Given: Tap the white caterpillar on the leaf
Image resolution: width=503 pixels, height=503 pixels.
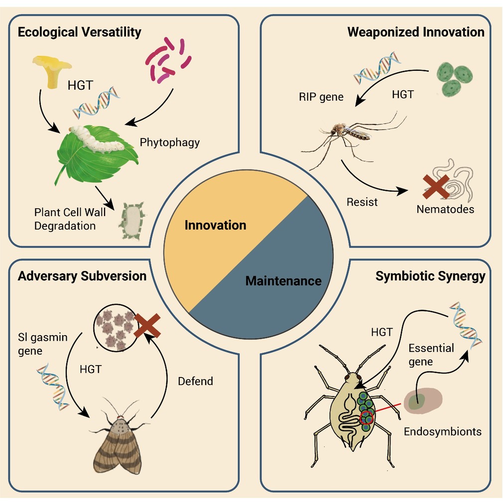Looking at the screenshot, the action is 97,139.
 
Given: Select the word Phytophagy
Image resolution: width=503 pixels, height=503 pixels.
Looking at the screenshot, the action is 170,142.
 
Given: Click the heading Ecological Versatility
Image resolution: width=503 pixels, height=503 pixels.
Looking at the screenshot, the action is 80,32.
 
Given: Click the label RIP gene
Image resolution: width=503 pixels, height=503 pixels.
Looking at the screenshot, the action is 321,97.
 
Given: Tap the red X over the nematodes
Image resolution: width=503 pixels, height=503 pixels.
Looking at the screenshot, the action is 436,187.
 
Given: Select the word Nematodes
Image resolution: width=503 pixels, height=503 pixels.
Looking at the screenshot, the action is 445,209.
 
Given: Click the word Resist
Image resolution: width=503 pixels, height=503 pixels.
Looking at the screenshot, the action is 362,202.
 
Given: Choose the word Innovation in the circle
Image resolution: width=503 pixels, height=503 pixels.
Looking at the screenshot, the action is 215,225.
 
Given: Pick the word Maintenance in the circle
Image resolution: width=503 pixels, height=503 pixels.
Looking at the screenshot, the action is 283,281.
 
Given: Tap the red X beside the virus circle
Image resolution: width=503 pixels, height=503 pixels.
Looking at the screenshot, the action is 147,326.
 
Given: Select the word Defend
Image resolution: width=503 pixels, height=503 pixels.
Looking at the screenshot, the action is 195,381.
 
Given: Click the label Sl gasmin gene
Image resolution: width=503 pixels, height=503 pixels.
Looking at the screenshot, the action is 43,344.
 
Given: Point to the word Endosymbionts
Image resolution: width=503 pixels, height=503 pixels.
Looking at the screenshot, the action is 443,431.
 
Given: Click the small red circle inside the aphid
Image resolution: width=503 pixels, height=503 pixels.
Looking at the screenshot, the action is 367,418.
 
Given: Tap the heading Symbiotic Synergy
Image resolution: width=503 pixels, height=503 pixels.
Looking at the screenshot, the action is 430,276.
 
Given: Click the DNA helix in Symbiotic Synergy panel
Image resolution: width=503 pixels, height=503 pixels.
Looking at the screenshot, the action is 466,325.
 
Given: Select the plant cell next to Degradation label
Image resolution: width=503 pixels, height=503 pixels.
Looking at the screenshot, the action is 132,221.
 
